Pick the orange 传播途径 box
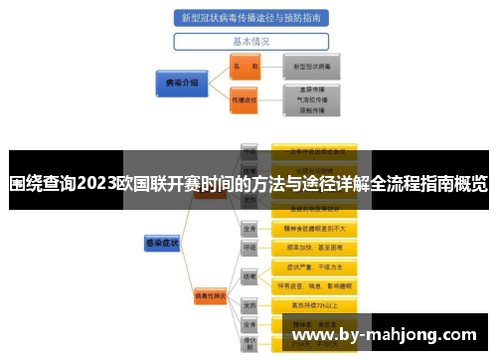point(245,99)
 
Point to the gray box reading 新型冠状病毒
point(312,66)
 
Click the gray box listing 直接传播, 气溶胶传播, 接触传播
point(312,99)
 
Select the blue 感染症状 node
point(160,242)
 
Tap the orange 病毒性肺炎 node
point(211,295)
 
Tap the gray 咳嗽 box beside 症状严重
point(249,275)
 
